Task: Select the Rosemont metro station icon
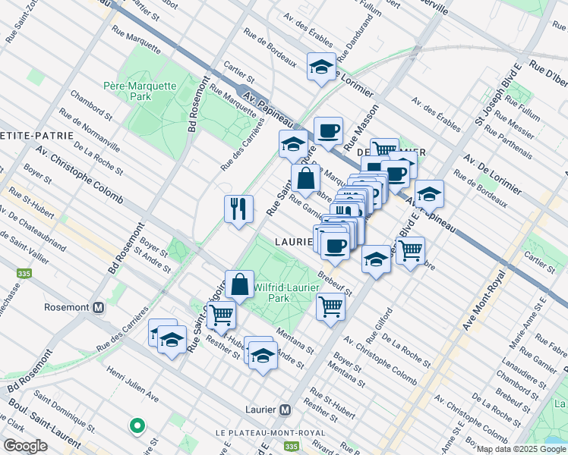(x=98, y=308)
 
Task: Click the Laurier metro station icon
(x=285, y=409)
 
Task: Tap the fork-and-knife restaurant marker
(x=238, y=209)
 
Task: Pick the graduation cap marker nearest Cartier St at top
(x=321, y=66)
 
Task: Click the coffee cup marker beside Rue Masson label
(x=328, y=130)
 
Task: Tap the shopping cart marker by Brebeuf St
(x=330, y=307)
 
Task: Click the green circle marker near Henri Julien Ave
(x=137, y=427)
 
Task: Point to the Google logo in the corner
(x=25, y=446)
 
